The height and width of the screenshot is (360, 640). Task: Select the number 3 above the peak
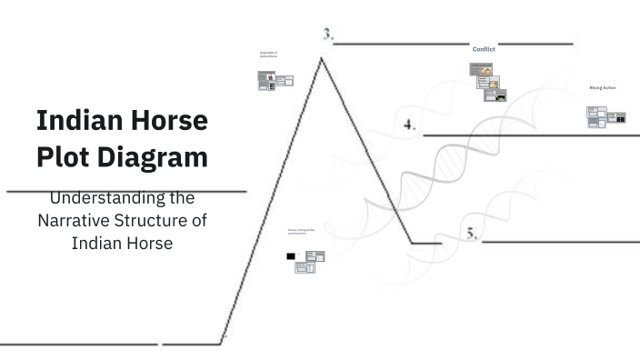[x=327, y=35]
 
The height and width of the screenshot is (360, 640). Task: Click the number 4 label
[x=409, y=125]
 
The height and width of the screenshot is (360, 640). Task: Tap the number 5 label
[x=472, y=233]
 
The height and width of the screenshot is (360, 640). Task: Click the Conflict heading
[x=484, y=48]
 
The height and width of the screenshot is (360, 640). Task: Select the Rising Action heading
[x=603, y=88]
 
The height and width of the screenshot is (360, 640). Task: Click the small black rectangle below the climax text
[x=290, y=256]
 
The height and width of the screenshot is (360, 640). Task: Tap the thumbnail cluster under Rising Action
[x=605, y=116]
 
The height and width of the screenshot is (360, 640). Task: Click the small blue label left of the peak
[x=268, y=55]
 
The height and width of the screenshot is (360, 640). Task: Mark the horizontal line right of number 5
[x=560, y=243]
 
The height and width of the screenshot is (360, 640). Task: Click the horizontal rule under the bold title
[x=125, y=192]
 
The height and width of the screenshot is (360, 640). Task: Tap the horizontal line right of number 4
[x=531, y=135]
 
